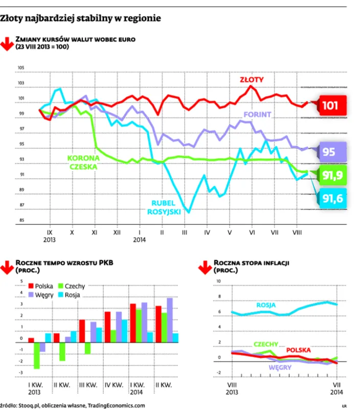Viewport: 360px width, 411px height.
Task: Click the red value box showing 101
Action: pyautogui.click(x=333, y=105)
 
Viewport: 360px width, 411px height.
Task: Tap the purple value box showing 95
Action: pyautogui.click(x=333, y=152)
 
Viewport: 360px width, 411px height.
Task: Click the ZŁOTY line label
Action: pyautogui.click(x=252, y=80)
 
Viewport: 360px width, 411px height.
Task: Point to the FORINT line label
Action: pyautogui.click(x=257, y=115)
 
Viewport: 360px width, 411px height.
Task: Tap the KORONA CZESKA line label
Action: pyautogui.click(x=83, y=162)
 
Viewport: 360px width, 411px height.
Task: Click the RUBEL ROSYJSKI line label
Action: pyautogui.click(x=164, y=208)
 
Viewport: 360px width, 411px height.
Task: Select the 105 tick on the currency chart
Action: pyautogui.click(x=21, y=67)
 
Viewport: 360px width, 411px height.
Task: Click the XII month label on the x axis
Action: pyautogui.click(x=117, y=233)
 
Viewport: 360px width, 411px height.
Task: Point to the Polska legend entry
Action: pyautogui.click(x=40, y=286)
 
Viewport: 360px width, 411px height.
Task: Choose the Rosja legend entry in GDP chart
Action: pyautogui.click(x=69, y=295)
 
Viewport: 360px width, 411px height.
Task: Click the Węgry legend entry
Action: pyautogui.click(x=40, y=295)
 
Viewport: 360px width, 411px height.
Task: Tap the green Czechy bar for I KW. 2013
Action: pyautogui.click(x=37, y=355)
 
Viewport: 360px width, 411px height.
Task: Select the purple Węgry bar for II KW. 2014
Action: pyautogui.click(x=170, y=320)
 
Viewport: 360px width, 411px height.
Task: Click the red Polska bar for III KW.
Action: pyautogui.click(x=82, y=331)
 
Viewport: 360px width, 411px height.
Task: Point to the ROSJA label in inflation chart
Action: pyautogui.click(x=266, y=305)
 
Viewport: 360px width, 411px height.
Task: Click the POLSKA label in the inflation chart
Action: pyautogui.click(x=299, y=350)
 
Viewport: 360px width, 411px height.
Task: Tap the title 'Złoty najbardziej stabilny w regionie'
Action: pyautogui.click(x=80, y=18)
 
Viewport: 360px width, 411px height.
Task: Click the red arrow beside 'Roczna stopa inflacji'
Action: pyautogui.click(x=205, y=267)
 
